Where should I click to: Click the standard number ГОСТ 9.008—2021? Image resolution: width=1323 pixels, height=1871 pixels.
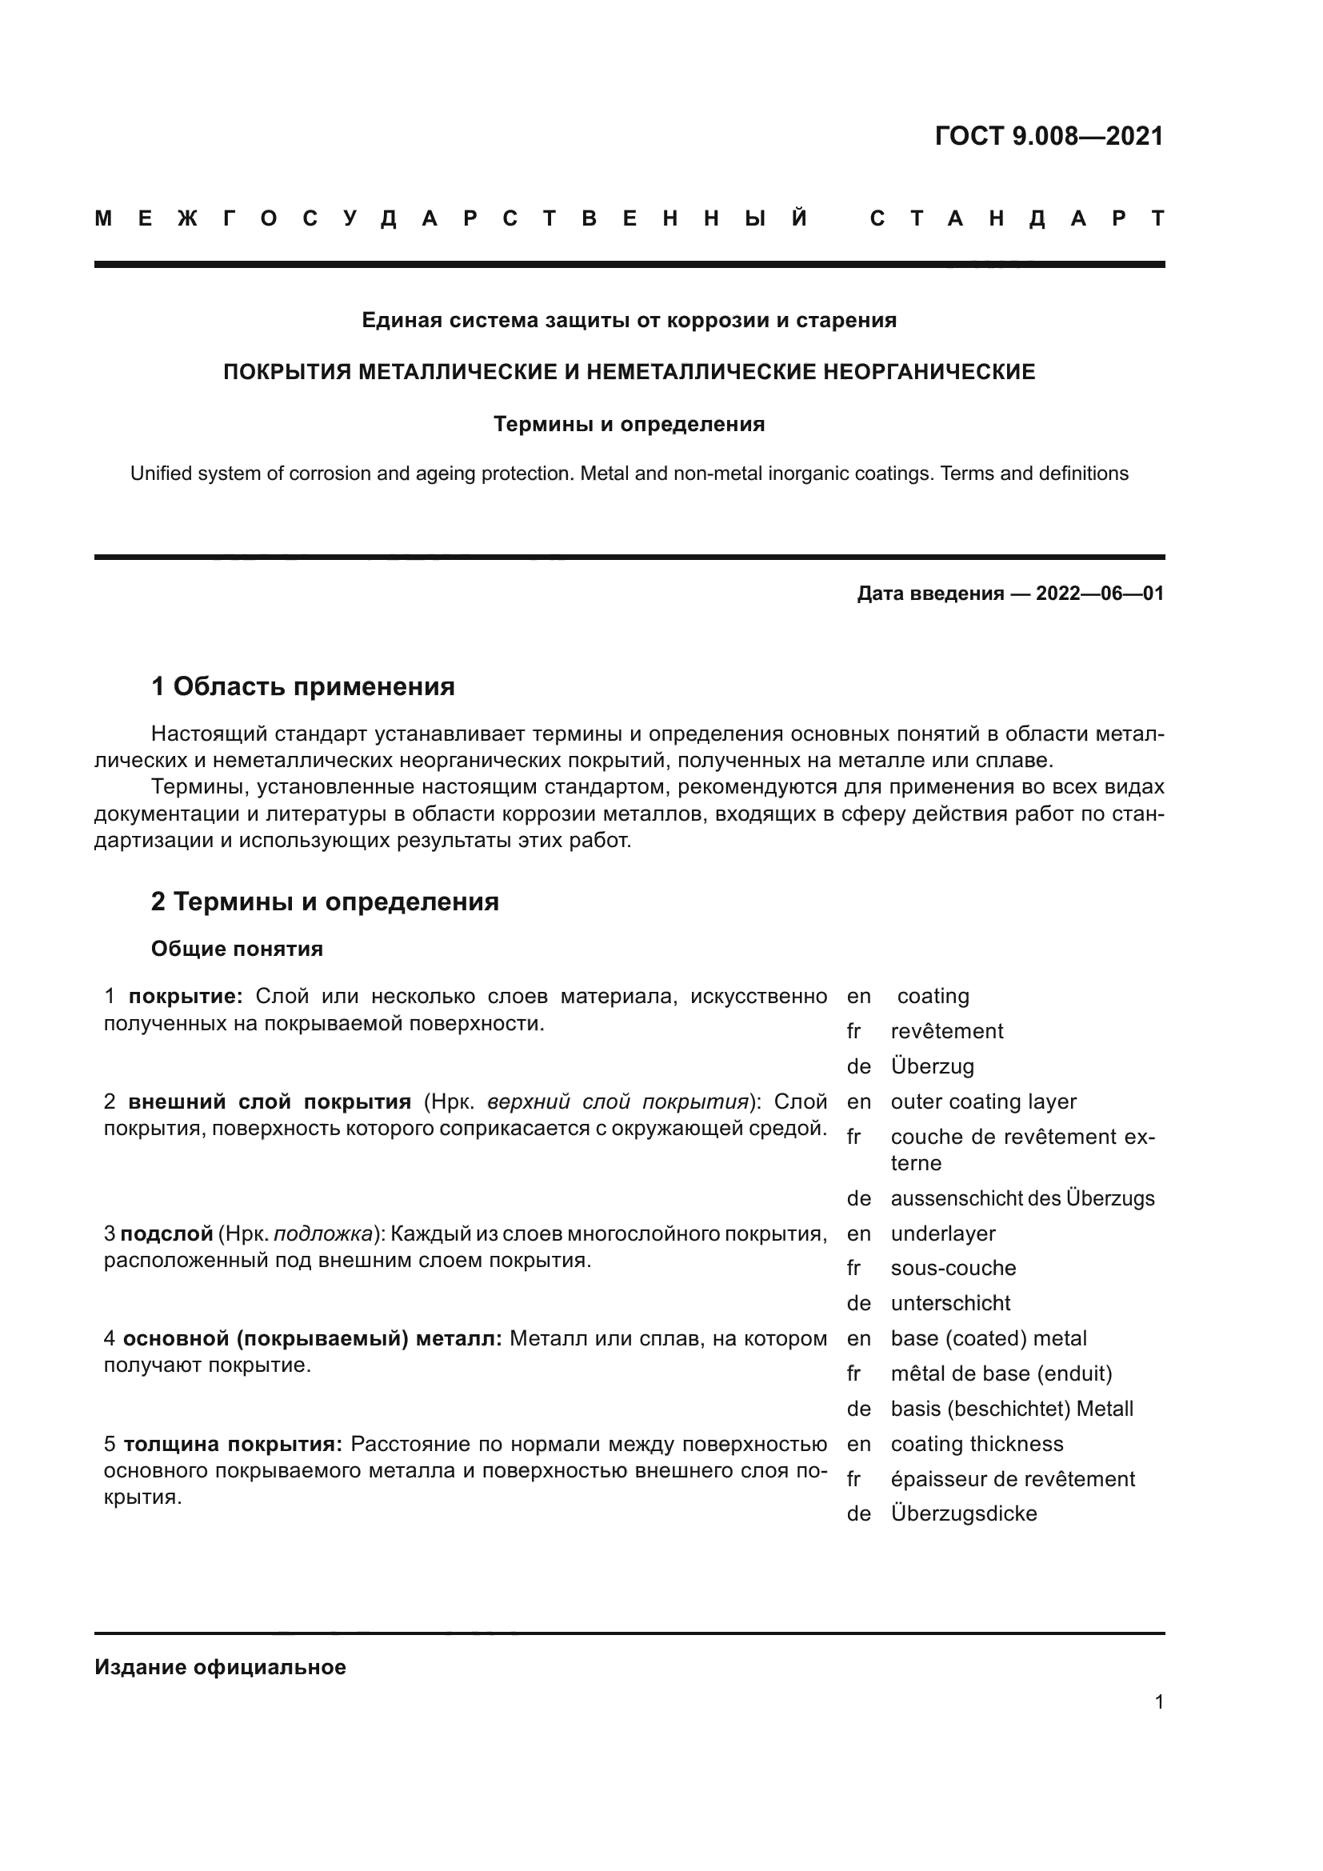click(1049, 136)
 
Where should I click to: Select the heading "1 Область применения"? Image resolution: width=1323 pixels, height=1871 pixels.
click(302, 686)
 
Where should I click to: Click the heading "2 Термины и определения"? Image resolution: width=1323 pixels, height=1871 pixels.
click(324, 902)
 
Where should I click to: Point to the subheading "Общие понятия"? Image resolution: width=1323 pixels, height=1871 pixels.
click(237, 949)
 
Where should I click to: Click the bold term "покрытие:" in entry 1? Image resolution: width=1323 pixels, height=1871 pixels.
click(186, 996)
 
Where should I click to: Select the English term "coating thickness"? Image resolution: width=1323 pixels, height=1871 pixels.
click(977, 1444)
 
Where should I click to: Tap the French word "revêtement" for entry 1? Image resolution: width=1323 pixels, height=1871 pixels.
click(946, 1031)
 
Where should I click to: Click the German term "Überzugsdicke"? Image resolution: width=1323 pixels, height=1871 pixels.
click(964, 1513)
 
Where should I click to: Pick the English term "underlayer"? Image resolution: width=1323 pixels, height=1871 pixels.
click(942, 1233)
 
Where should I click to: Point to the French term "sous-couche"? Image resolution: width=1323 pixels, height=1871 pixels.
click(953, 1268)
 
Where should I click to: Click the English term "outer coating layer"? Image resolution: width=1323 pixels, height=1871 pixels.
click(983, 1101)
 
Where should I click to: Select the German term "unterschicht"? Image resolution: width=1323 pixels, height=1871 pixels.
click(950, 1303)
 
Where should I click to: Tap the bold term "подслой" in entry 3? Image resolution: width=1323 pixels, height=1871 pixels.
click(166, 1233)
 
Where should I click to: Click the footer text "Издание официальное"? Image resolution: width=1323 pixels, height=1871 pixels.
click(220, 1667)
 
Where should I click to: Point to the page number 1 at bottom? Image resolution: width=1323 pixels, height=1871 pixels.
click(1158, 1701)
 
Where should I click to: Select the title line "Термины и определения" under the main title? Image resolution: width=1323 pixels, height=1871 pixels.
click(629, 424)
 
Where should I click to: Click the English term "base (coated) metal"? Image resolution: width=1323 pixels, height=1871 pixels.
click(988, 1338)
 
